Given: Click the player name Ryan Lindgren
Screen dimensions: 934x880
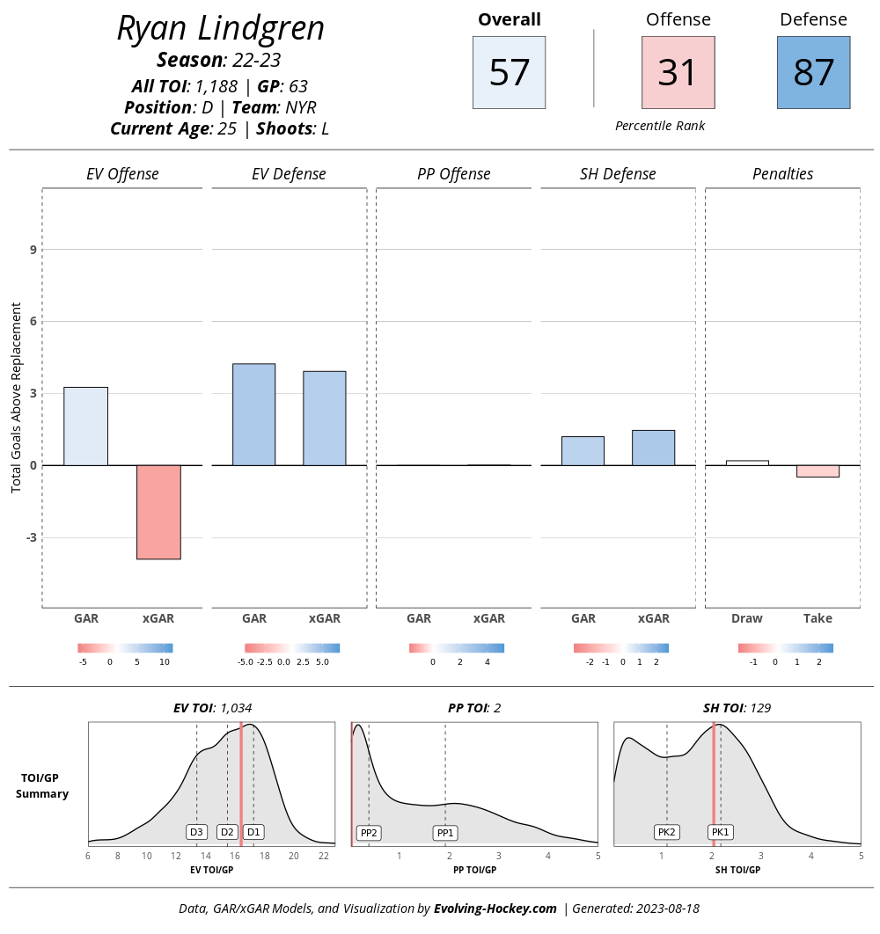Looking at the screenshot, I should [221, 29].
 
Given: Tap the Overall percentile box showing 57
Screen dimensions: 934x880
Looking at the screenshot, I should [509, 72].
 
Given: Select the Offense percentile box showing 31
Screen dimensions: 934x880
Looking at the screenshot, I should [678, 72].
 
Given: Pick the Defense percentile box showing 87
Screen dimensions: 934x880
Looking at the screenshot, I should [813, 72].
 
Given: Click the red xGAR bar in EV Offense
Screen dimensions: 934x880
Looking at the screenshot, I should [158, 512].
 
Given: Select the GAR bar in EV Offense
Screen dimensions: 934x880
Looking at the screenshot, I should [86, 426].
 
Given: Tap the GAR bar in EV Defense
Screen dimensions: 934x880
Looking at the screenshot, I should [253, 414].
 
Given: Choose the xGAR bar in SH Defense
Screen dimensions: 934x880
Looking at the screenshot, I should [653, 448].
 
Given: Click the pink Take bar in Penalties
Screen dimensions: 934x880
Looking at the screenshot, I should [818, 471].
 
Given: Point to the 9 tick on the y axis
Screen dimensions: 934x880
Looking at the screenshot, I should [33, 250].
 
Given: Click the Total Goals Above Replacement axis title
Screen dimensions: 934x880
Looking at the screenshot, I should [16, 398].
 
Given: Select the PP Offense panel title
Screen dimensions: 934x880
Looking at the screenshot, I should [453, 174].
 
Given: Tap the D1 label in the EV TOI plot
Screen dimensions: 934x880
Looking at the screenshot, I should [253, 832].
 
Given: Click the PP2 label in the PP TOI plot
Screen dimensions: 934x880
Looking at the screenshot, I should [368, 833].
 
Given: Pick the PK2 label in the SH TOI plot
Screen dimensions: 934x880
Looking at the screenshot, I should [666, 832].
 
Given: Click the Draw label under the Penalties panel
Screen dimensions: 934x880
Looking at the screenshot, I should [747, 618].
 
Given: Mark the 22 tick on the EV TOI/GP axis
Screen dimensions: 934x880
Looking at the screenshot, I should [323, 856].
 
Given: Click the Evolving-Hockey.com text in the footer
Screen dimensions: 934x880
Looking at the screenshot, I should [495, 908].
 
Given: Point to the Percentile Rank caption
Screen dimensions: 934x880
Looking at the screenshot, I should [660, 126].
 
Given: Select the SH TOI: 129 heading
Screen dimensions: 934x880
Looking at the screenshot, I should [737, 707].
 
